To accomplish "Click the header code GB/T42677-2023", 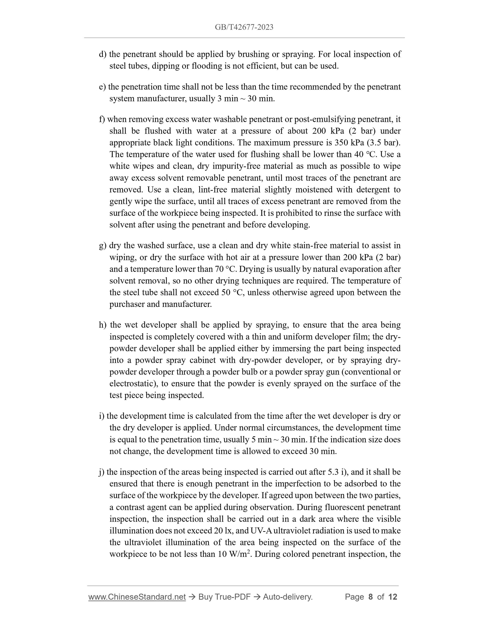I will [244, 27].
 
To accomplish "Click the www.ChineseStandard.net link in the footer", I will [137, 597].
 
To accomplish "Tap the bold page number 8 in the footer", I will [370, 597].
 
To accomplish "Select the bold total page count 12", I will [393, 597].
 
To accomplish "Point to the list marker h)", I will [103, 325].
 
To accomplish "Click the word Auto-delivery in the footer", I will [287, 597].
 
